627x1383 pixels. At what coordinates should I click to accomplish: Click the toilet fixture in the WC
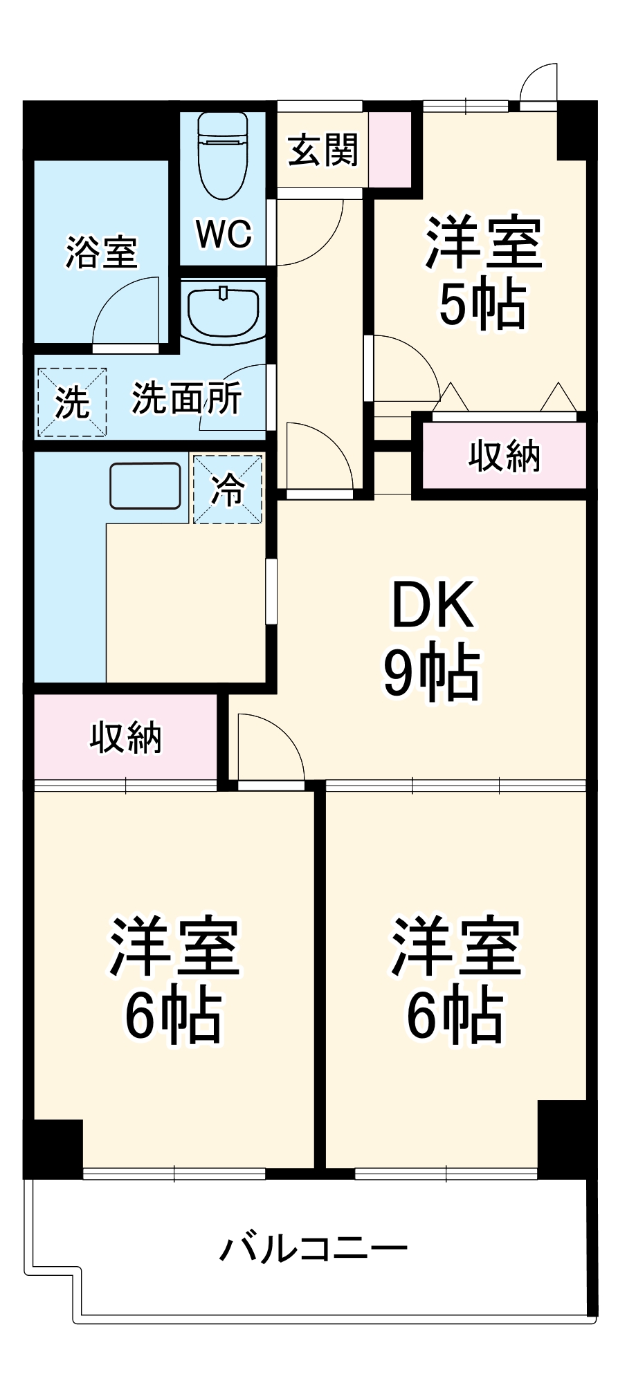tap(222, 156)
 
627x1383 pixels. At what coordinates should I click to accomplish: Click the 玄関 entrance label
tap(322, 149)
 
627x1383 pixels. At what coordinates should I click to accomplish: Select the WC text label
tap(224, 234)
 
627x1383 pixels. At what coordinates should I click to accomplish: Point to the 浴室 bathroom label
tap(101, 252)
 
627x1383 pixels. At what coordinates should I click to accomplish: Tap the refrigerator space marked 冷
tap(228, 489)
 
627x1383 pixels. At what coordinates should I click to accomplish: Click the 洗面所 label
tap(186, 398)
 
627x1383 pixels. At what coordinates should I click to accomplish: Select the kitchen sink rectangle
tap(145, 485)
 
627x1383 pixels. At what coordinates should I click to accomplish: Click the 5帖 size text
tap(482, 305)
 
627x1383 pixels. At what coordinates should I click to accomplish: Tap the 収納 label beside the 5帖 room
tap(504, 456)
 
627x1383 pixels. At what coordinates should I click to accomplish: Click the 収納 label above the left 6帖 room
tap(125, 738)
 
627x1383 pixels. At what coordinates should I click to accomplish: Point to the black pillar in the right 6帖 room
tap(562, 1137)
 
